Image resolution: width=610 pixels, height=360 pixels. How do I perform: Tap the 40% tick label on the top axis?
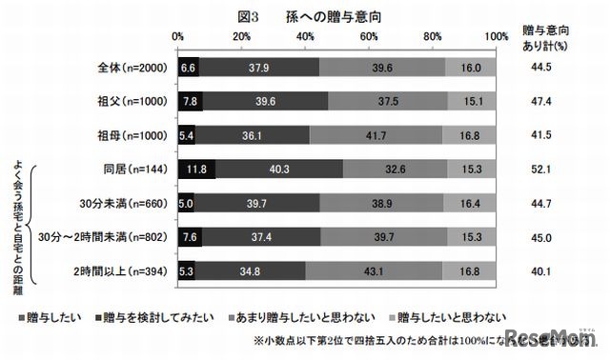tap(306, 35)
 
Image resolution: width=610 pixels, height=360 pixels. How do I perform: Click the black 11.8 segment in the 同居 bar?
tap(197, 170)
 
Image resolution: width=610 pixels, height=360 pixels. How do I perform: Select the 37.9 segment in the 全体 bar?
tap(258, 69)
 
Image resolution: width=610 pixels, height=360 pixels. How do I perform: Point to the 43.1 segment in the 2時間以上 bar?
tap(374, 272)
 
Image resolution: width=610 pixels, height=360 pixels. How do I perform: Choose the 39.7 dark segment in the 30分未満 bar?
tap(257, 205)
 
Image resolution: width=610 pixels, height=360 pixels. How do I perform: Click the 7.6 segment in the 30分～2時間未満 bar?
tap(190, 238)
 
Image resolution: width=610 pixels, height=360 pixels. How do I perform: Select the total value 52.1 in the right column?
tap(545, 170)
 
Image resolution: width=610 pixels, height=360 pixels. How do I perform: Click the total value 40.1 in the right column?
tap(545, 272)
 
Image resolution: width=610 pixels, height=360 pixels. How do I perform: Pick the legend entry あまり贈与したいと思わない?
tap(291, 315)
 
